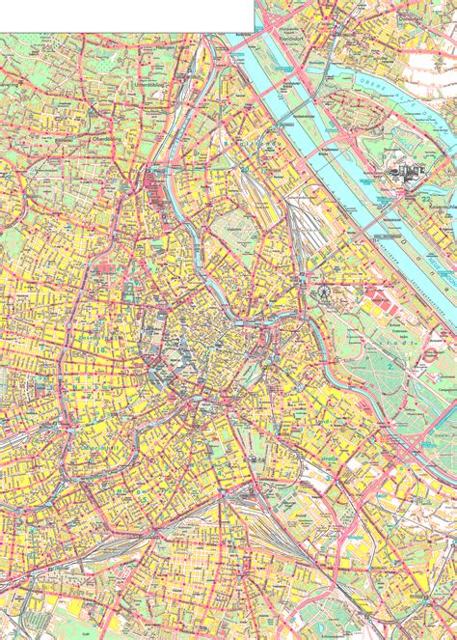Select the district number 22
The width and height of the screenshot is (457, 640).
[x=425, y=197]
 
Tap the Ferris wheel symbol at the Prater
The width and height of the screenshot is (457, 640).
[x=323, y=289]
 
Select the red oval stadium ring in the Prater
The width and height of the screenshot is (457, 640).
[x=428, y=355]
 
